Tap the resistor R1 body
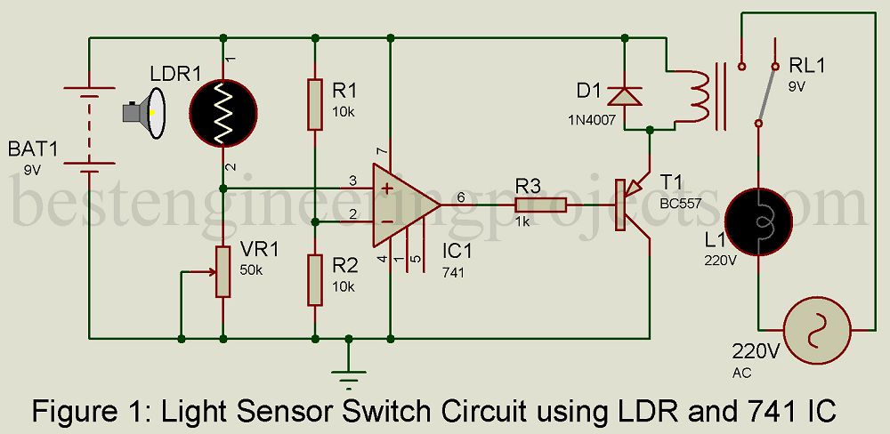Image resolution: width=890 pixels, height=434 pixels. pyautogui.click(x=315, y=104)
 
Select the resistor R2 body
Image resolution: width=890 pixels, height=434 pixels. pyautogui.click(x=315, y=279)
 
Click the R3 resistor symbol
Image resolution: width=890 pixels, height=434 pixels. pyautogui.click(x=540, y=205)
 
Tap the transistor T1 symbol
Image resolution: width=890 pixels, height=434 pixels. pyautogui.click(x=634, y=205)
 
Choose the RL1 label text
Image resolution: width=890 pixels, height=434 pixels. pyautogui.click(x=807, y=67)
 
